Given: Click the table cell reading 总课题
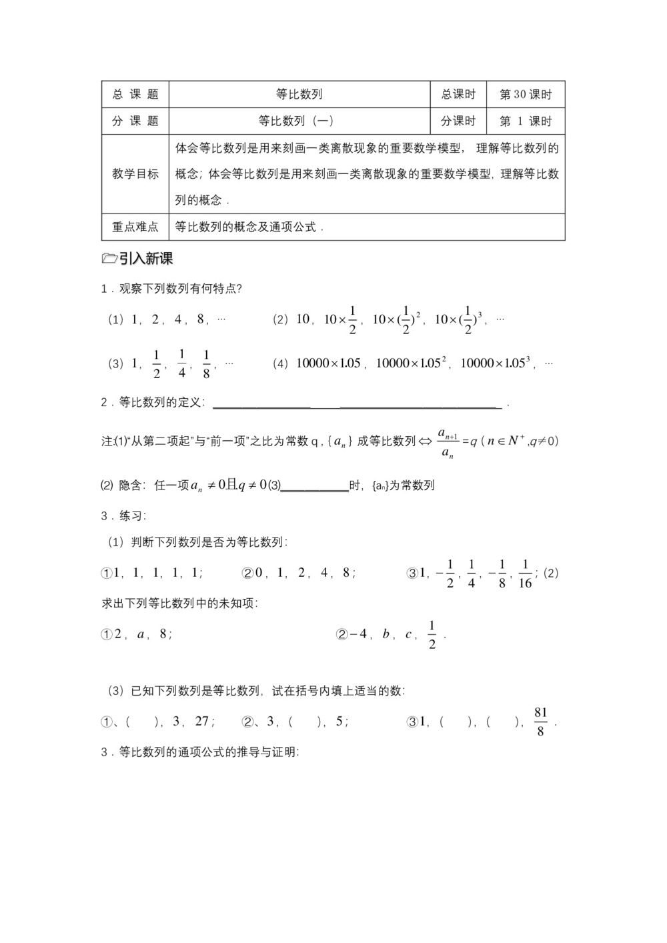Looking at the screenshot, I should (135, 95).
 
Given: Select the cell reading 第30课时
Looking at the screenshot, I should (526, 95).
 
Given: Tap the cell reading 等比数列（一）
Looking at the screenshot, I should (299, 121).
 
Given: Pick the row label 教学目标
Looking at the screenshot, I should (135, 174).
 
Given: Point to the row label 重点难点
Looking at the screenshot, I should (135, 227).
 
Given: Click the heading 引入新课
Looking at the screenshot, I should (146, 259).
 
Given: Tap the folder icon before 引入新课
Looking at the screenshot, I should (109, 259).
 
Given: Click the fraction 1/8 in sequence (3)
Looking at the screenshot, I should (206, 364).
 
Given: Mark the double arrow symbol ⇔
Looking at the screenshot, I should (426, 441).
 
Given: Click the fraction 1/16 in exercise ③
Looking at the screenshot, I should (525, 574).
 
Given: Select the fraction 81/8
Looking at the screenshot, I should (540, 722).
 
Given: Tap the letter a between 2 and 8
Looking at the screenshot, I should (141, 634).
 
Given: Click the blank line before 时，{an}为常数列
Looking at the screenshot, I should (314, 487).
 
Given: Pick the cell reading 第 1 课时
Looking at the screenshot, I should (526, 121).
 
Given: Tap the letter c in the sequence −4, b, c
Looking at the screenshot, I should (408, 634).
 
